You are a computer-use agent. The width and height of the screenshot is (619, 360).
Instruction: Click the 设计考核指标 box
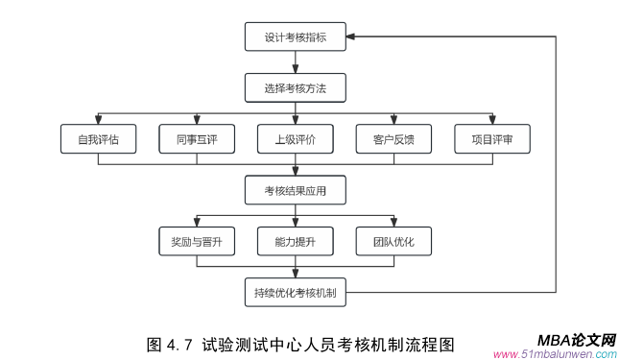point(295,38)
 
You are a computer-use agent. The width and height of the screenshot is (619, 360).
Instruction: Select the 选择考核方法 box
point(295,88)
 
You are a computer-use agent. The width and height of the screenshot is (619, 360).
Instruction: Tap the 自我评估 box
point(98,139)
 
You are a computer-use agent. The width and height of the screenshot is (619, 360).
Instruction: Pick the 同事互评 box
point(197,139)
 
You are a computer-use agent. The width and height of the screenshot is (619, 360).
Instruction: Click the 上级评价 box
point(295,139)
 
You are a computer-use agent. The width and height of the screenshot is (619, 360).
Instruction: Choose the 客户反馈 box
point(393,139)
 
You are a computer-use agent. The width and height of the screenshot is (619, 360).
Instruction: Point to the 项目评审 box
point(491,139)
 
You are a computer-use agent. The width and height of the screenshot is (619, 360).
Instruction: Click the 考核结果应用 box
point(295,190)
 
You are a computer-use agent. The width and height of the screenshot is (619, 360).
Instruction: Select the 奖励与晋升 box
point(197,241)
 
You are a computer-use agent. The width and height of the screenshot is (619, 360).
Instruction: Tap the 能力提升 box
point(295,241)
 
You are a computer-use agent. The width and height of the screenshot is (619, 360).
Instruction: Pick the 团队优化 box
point(393,241)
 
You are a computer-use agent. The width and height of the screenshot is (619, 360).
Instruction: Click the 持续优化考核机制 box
point(295,292)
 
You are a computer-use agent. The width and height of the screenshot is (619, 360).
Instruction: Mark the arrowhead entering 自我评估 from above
point(98,120)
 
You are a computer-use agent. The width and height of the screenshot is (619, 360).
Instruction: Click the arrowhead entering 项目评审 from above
point(491,120)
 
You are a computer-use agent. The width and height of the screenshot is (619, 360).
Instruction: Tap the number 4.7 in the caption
point(179,343)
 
